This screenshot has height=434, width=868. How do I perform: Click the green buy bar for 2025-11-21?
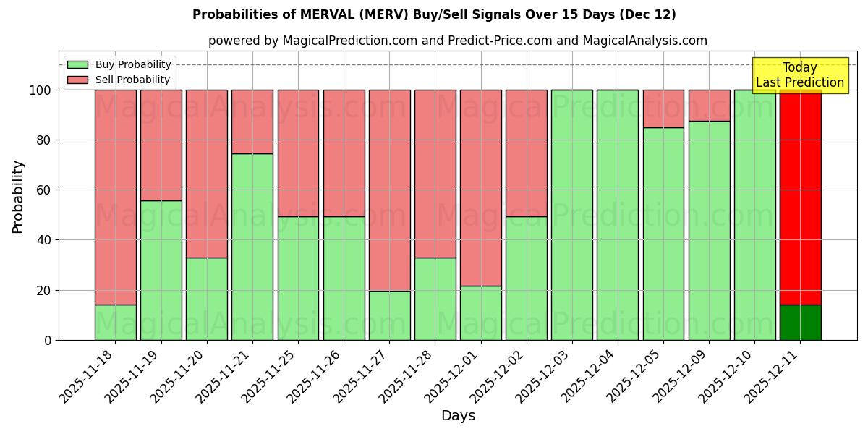point(252,246)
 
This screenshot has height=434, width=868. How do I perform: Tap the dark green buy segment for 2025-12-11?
point(800,323)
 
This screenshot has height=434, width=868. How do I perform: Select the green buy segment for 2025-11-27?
point(389,315)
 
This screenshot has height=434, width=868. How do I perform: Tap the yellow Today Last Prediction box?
point(800,75)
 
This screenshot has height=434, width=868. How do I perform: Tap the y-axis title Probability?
point(18,197)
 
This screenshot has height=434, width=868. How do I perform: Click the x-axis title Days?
point(458,416)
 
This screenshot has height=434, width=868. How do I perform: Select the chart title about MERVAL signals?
point(434,14)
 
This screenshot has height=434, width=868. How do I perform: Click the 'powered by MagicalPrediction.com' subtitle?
point(458,41)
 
